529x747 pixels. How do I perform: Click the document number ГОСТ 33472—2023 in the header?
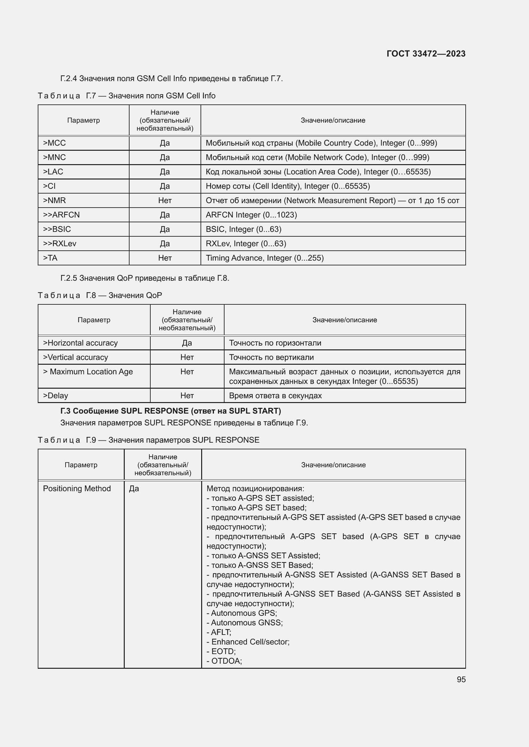[426, 54]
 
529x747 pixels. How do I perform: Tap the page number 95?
[461, 679]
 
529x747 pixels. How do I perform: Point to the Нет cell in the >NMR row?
[165, 201]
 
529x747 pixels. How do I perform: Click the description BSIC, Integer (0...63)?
[243, 229]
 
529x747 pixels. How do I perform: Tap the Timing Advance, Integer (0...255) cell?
[264, 258]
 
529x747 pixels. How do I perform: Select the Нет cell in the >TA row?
[165, 258]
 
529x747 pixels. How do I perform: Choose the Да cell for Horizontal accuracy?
[187, 343]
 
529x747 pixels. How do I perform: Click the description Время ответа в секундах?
[275, 396]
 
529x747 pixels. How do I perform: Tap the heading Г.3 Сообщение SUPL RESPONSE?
[171, 411]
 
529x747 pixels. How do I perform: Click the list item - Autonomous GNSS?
[245, 622]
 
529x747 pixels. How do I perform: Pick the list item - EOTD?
[221, 651]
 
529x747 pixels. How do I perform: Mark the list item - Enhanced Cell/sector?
[248, 642]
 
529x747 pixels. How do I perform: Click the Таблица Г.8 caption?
[100, 295]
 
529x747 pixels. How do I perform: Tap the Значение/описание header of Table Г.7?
[333, 120]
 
